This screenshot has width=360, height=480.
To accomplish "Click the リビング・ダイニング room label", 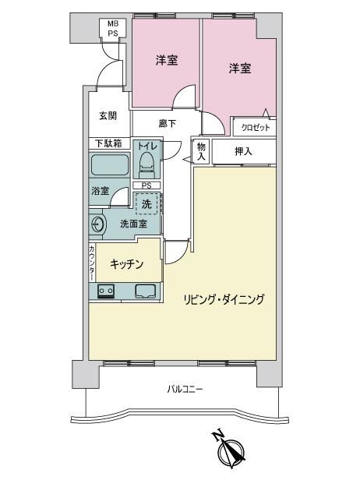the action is pyautogui.click(x=224, y=299).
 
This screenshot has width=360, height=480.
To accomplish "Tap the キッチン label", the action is pyautogui.click(x=127, y=263).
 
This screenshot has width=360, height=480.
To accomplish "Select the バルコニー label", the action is pyautogui.click(x=185, y=390).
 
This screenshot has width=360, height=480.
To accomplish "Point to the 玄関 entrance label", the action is pyautogui.click(x=108, y=115).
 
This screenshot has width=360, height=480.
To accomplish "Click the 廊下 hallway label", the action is pyautogui.click(x=167, y=123).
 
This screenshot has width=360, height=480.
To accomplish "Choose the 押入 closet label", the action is pyautogui.click(x=243, y=151).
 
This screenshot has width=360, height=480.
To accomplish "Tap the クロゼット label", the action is pyautogui.click(x=256, y=127).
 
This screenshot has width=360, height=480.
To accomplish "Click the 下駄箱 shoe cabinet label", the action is pyautogui.click(x=108, y=143).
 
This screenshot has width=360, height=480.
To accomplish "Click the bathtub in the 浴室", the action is pyautogui.click(x=109, y=164).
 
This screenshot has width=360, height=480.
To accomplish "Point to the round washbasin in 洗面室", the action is pyautogui.click(x=97, y=224).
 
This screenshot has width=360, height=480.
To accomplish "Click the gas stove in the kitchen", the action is pyautogui.click(x=106, y=291).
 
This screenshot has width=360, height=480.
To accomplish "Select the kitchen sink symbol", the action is pyautogui.click(x=146, y=291).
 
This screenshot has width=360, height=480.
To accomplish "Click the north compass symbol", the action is pyautogui.click(x=231, y=450).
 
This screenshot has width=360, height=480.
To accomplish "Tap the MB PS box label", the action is pyautogui.click(x=113, y=28).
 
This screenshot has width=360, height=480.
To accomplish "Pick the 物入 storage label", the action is pyautogui.click(x=201, y=151).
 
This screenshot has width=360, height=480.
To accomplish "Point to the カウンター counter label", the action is pyautogui.click(x=92, y=263).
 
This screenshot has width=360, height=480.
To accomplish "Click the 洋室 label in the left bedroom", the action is pyautogui.click(x=167, y=60).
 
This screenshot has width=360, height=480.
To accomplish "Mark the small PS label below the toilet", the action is pyautogui.click(x=146, y=185).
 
